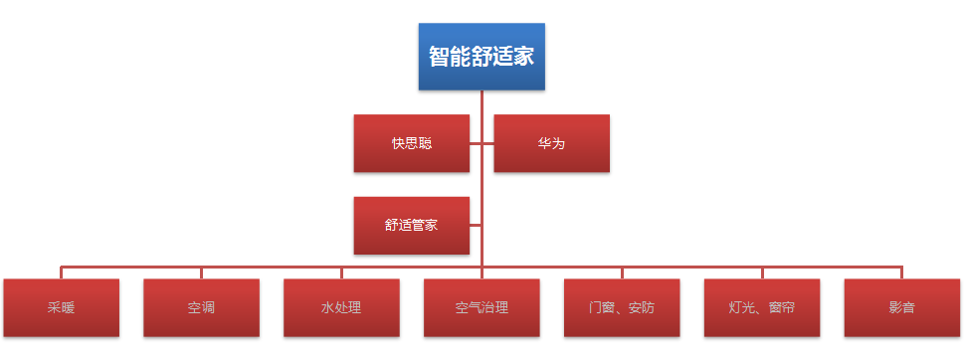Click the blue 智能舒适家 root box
tap(482, 56)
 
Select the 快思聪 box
tap(411, 143)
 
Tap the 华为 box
tap(551, 143)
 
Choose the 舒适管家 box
tap(411, 225)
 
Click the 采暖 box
tap(61, 307)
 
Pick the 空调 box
tap(201, 307)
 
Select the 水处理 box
tap(341, 307)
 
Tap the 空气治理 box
tap(482, 307)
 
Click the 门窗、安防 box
tap(622, 307)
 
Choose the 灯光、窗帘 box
tap(762, 307)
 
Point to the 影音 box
tap(902, 307)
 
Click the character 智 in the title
tap(439, 57)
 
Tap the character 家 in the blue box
tap(524, 57)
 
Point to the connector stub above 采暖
tap(61, 272)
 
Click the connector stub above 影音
tap(902, 272)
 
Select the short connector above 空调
tap(201, 272)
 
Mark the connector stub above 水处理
tap(341, 272)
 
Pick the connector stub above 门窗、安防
tap(622, 272)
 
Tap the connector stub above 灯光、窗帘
tap(762, 272)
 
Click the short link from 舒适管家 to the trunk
tap(476, 225)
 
